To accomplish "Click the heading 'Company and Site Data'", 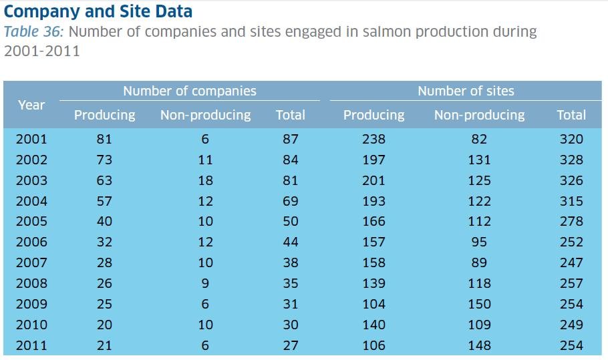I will [x=98, y=11].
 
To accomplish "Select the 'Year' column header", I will [x=31, y=105].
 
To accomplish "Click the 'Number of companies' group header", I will [x=189, y=92].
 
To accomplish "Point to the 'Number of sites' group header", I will [x=466, y=92].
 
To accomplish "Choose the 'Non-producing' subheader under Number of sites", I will [x=479, y=115].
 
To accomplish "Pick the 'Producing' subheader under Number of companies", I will [x=104, y=115].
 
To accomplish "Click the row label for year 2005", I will [x=31, y=221].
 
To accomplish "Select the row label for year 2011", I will [x=31, y=345].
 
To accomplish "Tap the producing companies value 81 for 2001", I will [x=104, y=139].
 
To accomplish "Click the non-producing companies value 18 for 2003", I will [x=205, y=180].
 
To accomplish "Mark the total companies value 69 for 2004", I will [x=291, y=201].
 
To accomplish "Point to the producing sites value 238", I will [x=373, y=139].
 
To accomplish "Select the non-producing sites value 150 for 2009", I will [x=479, y=304].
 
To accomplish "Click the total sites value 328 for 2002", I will [x=571, y=160].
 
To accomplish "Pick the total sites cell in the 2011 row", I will [x=571, y=345].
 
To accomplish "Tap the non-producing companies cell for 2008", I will [x=205, y=283].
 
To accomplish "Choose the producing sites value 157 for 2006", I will [x=373, y=242].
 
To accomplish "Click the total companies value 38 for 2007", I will [x=291, y=262].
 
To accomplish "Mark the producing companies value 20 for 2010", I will [x=104, y=325].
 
